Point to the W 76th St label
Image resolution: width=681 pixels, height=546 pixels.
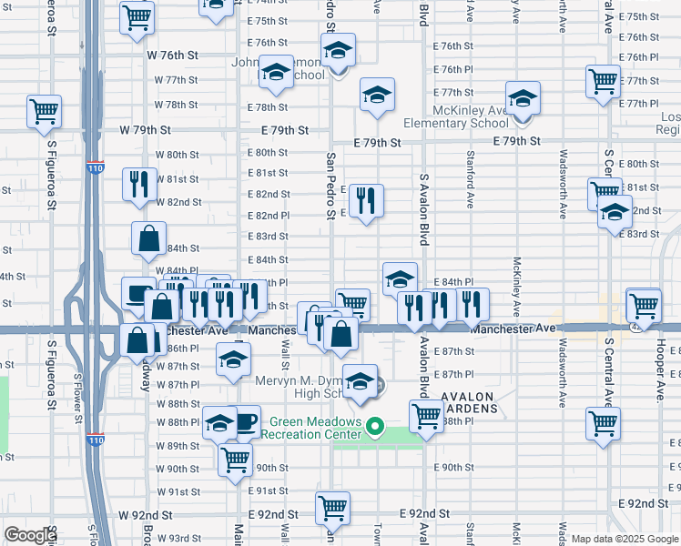172,56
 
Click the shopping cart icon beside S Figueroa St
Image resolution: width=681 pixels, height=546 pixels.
44,112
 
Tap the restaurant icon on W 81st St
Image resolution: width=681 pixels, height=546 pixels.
139,184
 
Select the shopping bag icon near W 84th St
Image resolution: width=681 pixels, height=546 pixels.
148,238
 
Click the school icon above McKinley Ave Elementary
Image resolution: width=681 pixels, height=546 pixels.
523,98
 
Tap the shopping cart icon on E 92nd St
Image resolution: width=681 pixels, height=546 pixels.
332,506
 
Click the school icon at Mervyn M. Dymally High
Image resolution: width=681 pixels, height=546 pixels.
361,381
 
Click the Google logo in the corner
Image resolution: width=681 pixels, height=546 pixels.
30,535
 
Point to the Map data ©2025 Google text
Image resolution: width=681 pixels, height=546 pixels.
625,539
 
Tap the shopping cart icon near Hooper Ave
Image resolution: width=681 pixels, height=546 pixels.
644,304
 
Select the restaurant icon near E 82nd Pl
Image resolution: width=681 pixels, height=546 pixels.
366,200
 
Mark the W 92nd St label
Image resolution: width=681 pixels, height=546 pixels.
146,514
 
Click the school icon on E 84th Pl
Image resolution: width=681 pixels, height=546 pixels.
399,278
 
